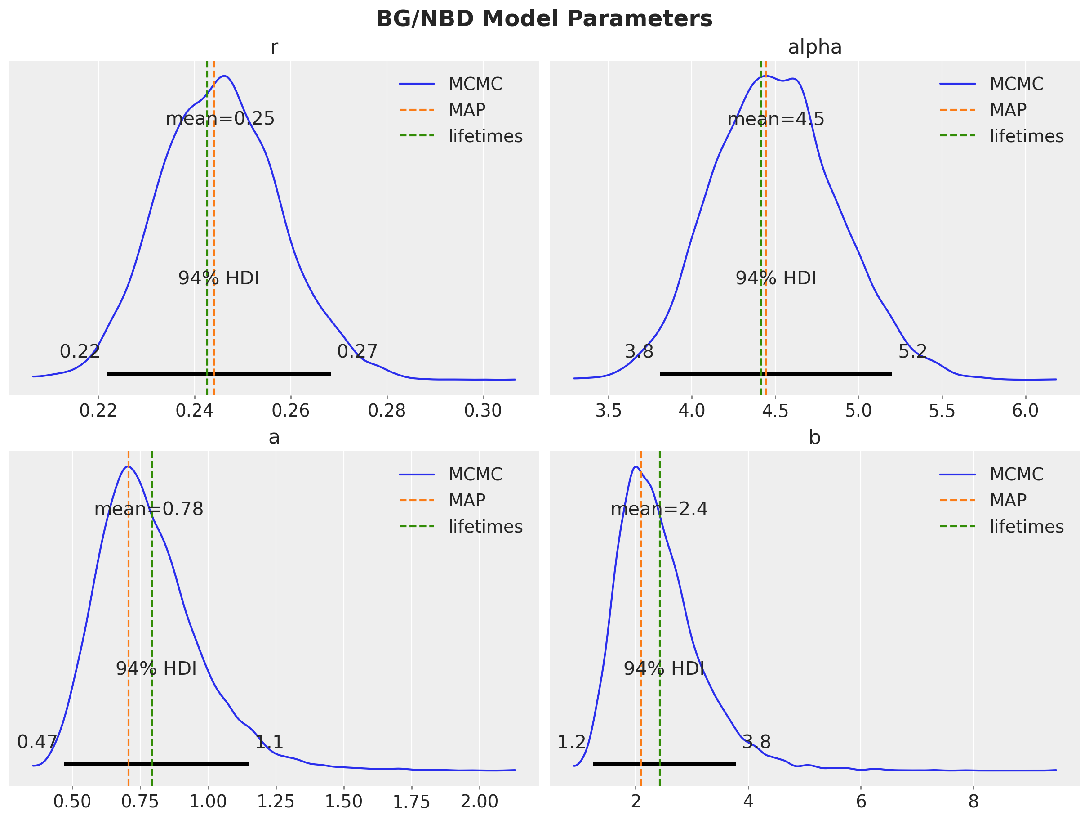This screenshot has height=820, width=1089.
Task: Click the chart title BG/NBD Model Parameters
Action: click(x=544, y=19)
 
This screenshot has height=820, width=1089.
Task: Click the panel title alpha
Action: click(x=815, y=47)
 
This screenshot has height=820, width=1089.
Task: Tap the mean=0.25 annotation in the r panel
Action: click(x=220, y=119)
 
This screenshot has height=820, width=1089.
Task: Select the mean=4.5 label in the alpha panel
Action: click(x=775, y=119)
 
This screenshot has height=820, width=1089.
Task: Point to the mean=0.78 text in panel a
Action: click(x=149, y=509)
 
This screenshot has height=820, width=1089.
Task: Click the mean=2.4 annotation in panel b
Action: click(x=659, y=509)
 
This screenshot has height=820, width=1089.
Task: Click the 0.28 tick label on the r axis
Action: click(x=387, y=411)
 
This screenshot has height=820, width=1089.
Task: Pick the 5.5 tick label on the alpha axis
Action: click(x=941, y=411)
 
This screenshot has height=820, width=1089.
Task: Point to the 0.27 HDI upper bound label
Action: click(x=357, y=352)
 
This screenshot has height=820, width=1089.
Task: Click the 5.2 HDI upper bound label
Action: click(x=912, y=352)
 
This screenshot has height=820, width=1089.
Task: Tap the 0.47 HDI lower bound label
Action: click(x=37, y=742)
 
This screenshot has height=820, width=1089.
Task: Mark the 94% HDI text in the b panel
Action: click(x=664, y=669)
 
